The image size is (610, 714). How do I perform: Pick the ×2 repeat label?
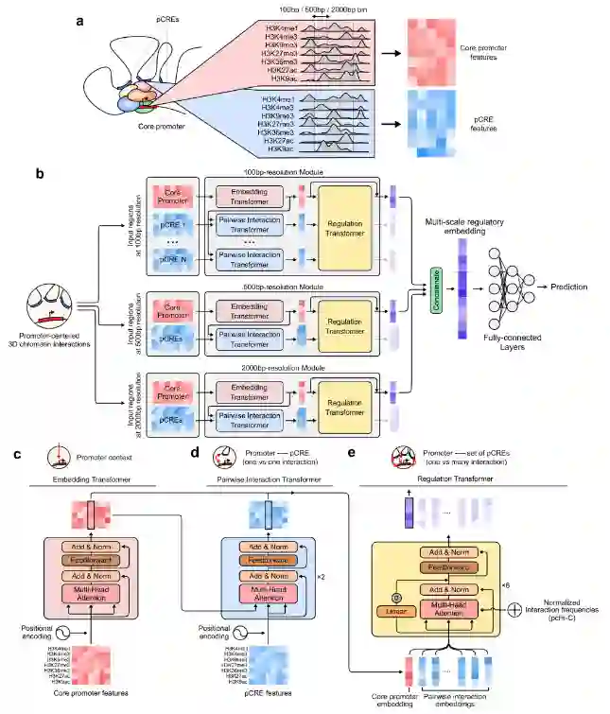[322, 573]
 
